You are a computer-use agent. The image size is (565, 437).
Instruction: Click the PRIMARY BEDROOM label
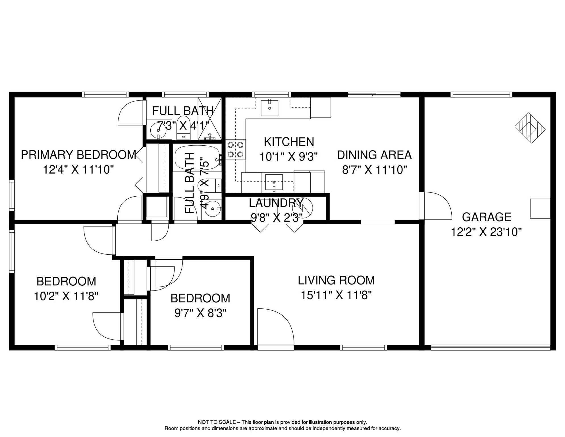point(78,155)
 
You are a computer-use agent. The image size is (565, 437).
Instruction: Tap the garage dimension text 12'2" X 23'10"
point(486,232)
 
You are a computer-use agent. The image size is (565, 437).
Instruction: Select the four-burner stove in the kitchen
point(235,150)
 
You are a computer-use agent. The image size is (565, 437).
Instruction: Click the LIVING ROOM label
point(336,280)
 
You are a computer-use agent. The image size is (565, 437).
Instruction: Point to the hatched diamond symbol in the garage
point(530,128)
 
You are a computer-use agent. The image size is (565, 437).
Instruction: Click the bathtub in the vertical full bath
point(197,157)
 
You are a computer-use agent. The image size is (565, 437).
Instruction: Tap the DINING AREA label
point(374,155)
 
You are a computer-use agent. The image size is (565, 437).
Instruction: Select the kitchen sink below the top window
point(269,108)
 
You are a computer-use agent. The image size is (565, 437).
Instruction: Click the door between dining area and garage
point(435,206)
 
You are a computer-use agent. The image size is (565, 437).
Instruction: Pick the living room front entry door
point(275,327)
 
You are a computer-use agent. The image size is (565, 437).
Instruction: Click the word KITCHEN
point(289,142)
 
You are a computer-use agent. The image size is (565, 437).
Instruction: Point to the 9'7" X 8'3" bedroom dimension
point(200,313)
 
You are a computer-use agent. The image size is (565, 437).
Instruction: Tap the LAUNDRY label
point(276,203)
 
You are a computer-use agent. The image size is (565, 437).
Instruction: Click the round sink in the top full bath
point(158,131)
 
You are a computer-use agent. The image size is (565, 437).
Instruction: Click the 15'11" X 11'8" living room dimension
point(336,295)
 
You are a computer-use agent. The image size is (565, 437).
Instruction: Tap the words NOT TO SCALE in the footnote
point(217,422)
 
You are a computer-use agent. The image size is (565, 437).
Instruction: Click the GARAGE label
point(486,217)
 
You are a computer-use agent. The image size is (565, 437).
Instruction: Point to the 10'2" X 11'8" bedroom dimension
point(66,296)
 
